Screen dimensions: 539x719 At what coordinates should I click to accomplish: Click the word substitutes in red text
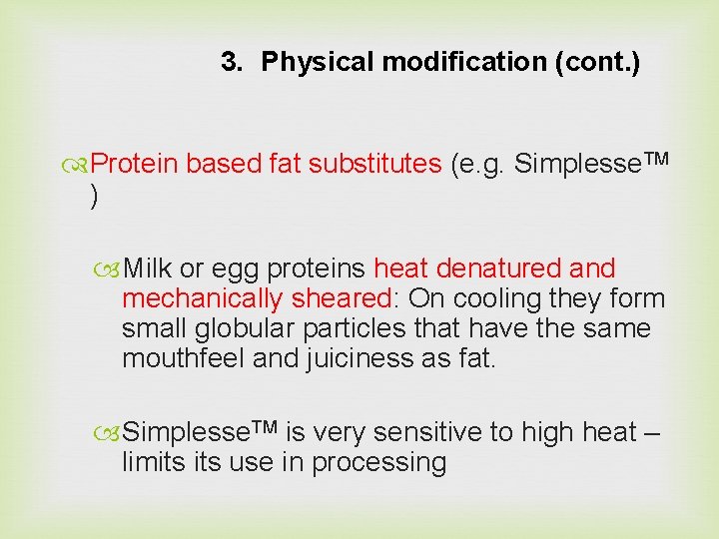click(x=374, y=164)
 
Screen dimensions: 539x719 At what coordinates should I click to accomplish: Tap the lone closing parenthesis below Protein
click(x=94, y=197)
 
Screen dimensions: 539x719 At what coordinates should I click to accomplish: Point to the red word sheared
click(x=343, y=298)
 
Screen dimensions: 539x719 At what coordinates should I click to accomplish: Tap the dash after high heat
click(x=653, y=432)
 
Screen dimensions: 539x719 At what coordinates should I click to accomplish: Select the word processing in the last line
click(x=378, y=462)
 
